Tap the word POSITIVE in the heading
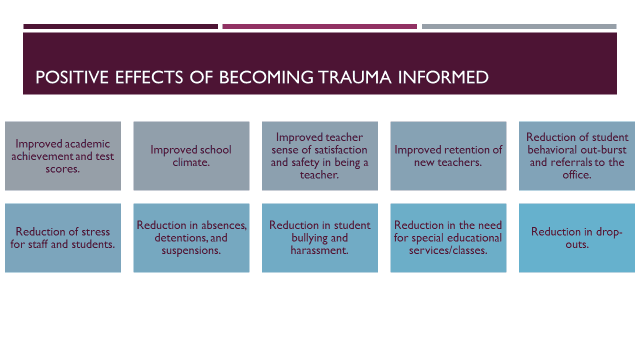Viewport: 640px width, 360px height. click(x=72, y=77)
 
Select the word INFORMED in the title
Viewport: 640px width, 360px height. click(x=443, y=77)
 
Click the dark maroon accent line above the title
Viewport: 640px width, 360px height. click(x=120, y=27)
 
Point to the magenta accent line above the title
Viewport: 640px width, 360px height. click(x=320, y=27)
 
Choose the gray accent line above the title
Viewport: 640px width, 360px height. click(x=519, y=27)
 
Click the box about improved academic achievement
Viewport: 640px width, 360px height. click(x=63, y=156)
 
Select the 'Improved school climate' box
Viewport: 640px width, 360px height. click(x=191, y=156)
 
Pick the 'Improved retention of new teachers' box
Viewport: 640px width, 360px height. click(x=448, y=156)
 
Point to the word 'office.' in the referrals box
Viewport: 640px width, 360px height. click(x=577, y=175)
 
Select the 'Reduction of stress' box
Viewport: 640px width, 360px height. click(x=63, y=238)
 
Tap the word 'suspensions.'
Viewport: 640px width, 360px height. click(x=191, y=250)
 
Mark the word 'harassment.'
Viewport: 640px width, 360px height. click(x=320, y=250)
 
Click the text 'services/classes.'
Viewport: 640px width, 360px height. click(x=448, y=250)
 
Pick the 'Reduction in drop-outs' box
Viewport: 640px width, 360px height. click(x=577, y=238)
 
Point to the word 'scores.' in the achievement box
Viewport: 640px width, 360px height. click(x=62, y=169)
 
